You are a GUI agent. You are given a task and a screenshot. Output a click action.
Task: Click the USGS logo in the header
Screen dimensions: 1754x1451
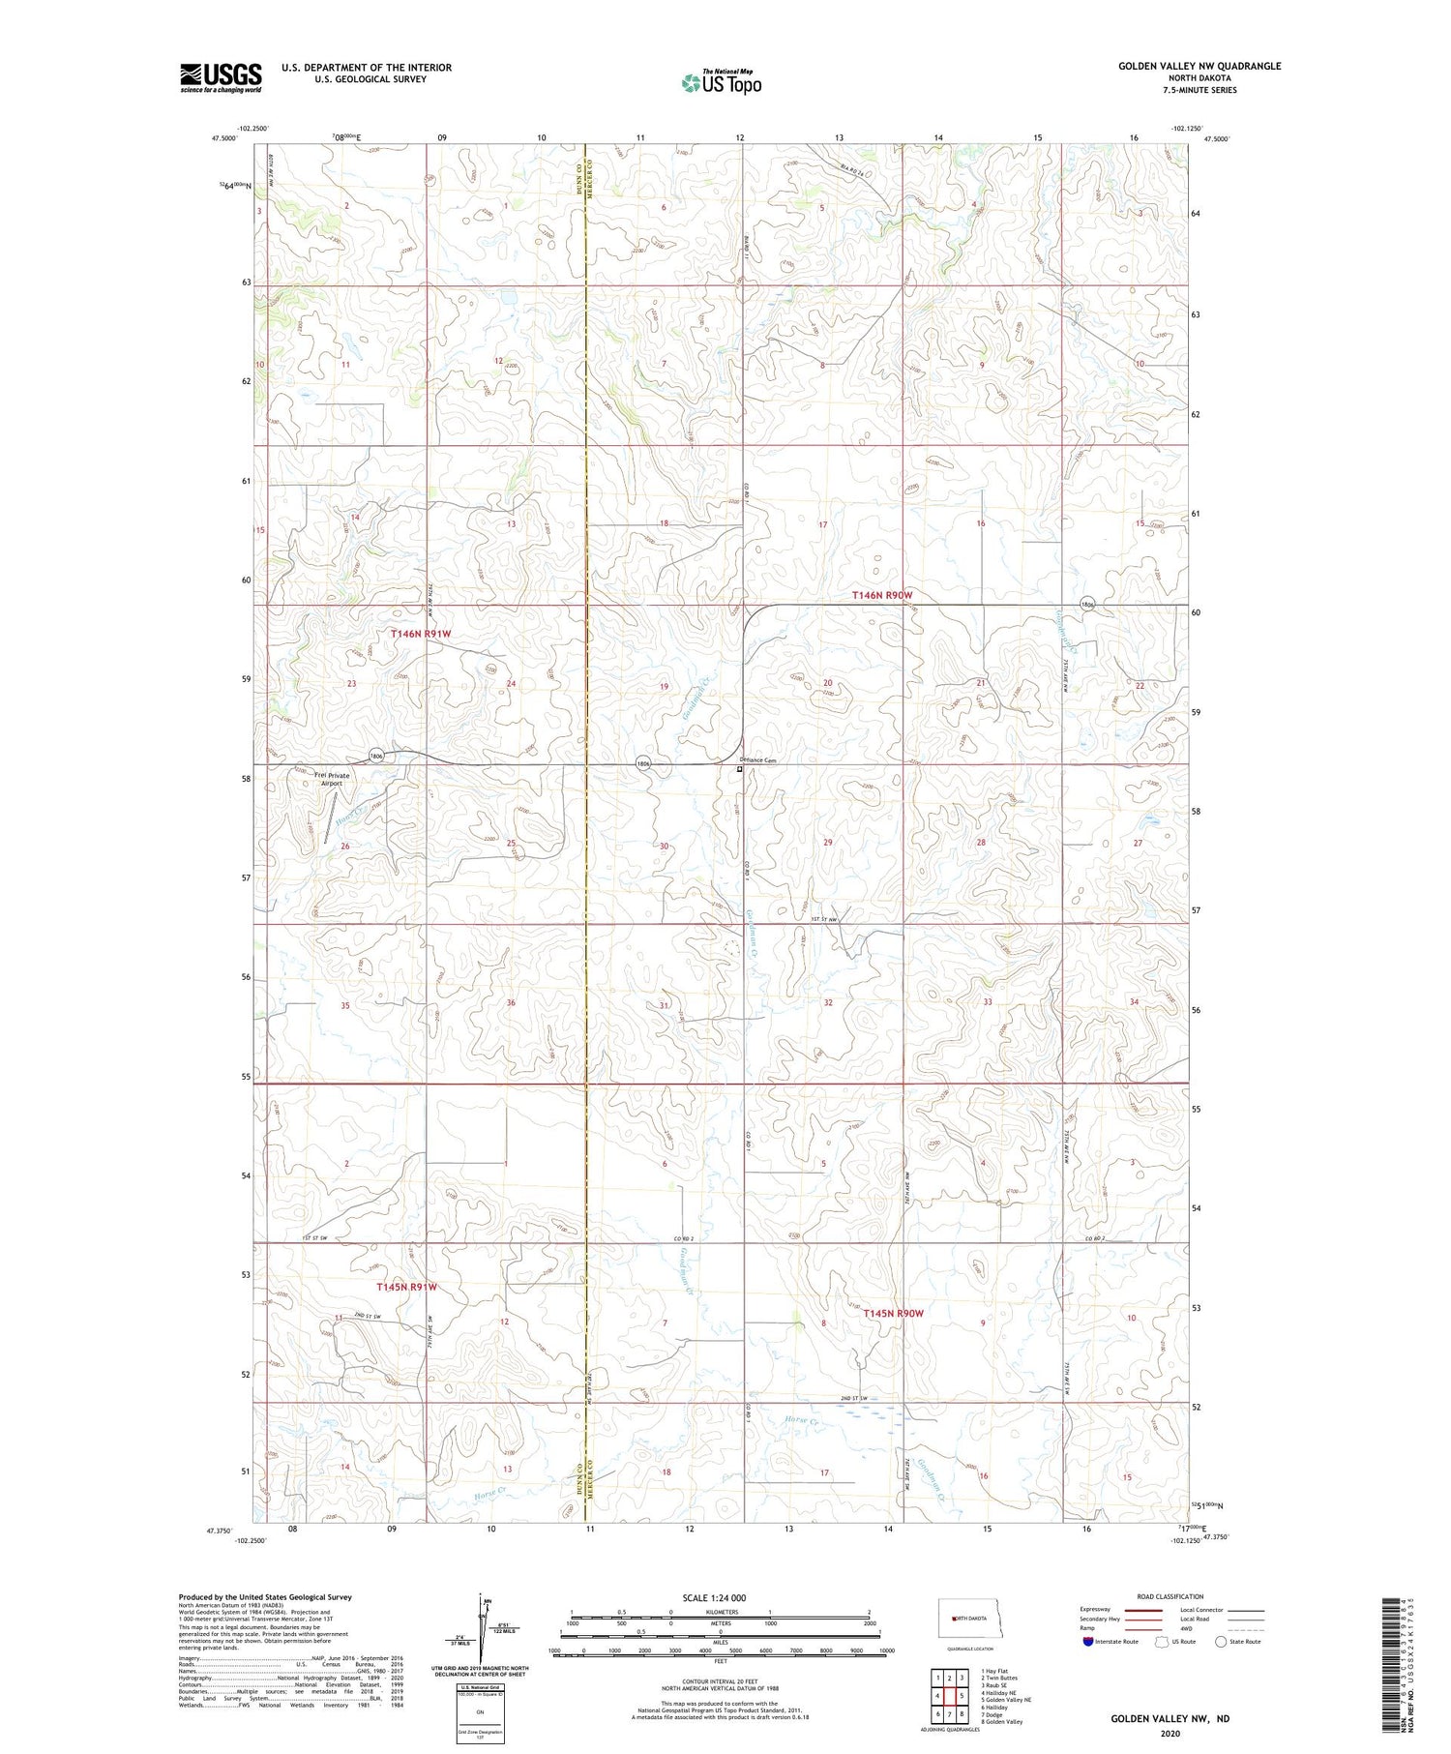point(221,77)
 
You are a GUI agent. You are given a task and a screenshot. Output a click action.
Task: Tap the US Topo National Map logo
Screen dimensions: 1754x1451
point(721,82)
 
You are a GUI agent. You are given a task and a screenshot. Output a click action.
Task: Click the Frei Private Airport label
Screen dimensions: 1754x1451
point(332,779)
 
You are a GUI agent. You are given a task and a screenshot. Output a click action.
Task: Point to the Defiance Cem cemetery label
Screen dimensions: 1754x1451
point(758,760)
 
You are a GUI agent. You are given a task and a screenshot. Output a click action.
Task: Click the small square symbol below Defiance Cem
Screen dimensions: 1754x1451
point(740,770)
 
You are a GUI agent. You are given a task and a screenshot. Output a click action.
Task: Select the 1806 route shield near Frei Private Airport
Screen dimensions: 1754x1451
point(377,756)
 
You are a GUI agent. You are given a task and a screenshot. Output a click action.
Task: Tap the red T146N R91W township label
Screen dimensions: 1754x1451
point(421,633)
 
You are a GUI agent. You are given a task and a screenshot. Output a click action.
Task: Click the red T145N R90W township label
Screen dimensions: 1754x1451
point(893,1313)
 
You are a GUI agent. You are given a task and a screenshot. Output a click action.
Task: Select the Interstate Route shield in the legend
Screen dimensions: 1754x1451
point(1089,1642)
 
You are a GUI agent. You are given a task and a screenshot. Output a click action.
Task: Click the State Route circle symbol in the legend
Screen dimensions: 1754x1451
point(1221,1642)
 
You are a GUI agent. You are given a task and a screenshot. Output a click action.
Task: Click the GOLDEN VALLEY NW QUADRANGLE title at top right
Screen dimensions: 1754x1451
point(1199,66)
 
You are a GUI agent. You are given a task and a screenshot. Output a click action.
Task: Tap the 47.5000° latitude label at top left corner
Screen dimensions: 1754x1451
point(223,139)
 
